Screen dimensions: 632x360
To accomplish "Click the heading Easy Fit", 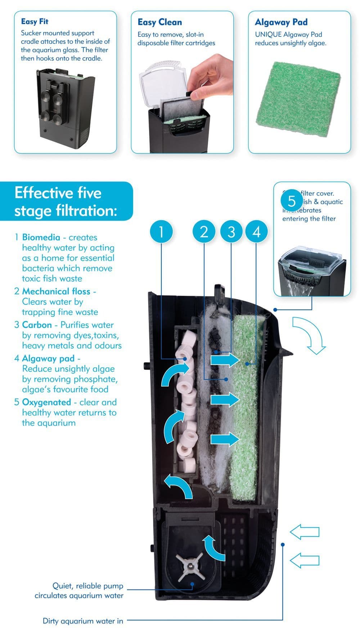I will click(x=35, y=22).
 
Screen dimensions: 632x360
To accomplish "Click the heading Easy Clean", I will click(x=159, y=22).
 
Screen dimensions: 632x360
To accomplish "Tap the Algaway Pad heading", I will click(x=281, y=22).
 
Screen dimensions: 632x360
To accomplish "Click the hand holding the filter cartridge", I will click(x=212, y=77).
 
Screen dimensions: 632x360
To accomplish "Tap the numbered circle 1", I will click(x=161, y=232).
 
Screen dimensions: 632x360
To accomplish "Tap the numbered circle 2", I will click(x=204, y=232).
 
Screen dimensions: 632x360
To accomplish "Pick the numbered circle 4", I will click(x=257, y=232).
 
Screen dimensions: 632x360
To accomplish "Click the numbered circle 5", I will click(x=292, y=201).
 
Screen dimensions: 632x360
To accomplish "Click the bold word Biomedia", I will click(x=41, y=237).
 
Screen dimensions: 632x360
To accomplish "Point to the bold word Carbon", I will click(x=37, y=325).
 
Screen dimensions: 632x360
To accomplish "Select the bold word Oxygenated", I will click(x=46, y=402).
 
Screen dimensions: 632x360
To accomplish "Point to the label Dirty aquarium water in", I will click(x=83, y=621).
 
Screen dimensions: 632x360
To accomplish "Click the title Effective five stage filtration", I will click(x=66, y=202).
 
